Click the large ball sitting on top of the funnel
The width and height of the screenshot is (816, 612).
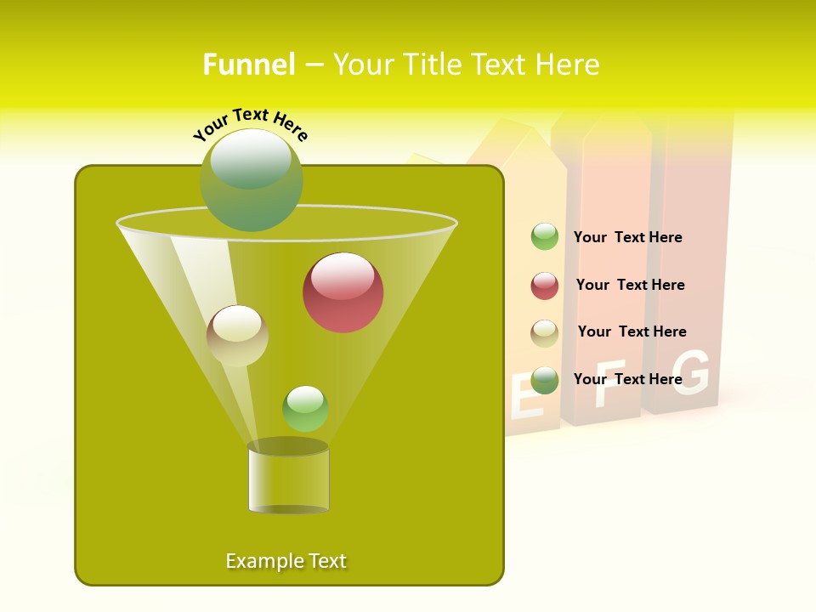coord(252,180)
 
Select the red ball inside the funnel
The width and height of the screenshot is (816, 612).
coord(343,292)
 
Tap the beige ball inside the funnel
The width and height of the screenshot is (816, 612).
coord(237,336)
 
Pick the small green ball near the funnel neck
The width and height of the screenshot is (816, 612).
coord(305,409)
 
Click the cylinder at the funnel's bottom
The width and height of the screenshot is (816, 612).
coord(288,478)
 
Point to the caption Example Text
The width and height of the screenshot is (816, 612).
coord(286,561)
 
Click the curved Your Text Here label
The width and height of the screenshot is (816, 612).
coord(250,123)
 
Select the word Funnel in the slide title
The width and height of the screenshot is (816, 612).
coord(249,65)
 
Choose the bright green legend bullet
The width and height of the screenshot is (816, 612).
coord(545,237)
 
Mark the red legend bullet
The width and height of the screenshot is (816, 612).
coord(545,286)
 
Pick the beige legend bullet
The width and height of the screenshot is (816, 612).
coord(545,333)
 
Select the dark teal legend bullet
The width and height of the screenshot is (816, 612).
coord(545,380)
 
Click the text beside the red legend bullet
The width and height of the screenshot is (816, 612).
coord(630,286)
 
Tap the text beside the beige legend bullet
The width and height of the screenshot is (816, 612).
coord(632,332)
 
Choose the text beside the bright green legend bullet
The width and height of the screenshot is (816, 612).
coord(627,238)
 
